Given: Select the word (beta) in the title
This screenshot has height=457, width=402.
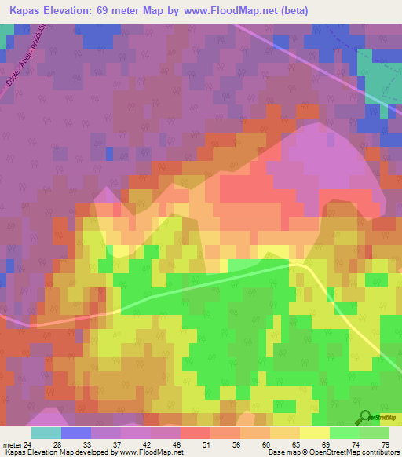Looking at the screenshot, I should click(291, 11).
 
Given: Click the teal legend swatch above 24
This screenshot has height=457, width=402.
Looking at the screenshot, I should click(46, 432).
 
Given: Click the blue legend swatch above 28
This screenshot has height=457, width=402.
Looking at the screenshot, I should click(76, 432).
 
